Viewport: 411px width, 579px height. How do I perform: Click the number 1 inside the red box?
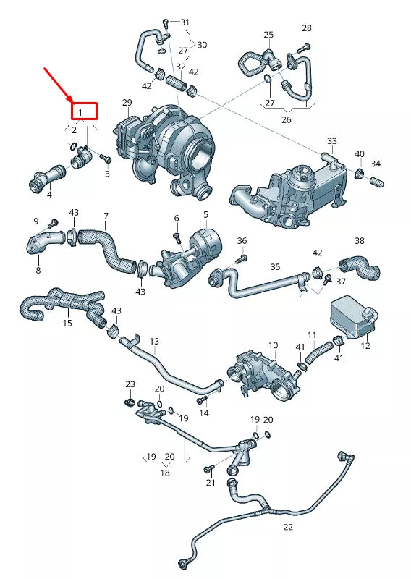[x=82, y=112]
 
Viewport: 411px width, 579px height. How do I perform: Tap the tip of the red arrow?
[x=72, y=100]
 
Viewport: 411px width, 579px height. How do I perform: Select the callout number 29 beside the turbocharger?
[x=127, y=103]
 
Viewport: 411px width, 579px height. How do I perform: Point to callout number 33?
[x=331, y=140]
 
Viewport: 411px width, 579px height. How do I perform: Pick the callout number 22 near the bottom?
[x=288, y=527]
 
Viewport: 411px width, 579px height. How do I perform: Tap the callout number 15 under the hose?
[x=67, y=323]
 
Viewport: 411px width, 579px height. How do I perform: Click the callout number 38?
[x=360, y=240]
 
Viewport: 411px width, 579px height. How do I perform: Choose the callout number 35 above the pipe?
[x=275, y=266]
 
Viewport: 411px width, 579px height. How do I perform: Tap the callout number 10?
[x=273, y=345]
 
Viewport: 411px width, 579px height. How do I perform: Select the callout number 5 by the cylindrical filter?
[x=205, y=214]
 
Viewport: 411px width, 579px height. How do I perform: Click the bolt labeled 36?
[x=242, y=257]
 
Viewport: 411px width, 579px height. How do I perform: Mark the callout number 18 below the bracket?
[x=165, y=473]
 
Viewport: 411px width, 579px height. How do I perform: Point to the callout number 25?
[x=268, y=35]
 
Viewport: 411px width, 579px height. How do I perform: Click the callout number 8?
[x=38, y=270]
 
